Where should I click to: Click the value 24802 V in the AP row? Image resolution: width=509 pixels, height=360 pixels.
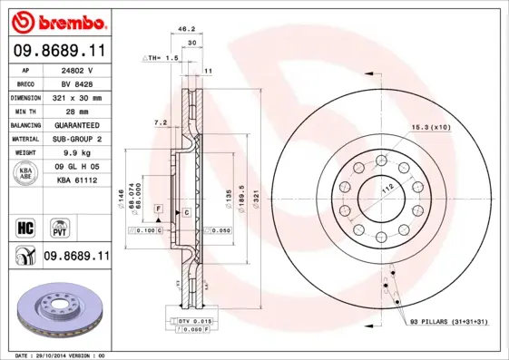[x=78, y=69]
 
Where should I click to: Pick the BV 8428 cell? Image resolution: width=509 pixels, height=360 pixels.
[x=78, y=83]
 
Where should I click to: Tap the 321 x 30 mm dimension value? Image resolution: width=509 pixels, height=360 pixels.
[x=78, y=96]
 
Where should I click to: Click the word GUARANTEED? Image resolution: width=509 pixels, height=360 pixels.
[x=78, y=124]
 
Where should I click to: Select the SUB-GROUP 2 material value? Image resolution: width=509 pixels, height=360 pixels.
[x=78, y=139]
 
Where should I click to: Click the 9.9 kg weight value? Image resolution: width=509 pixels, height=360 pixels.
[x=78, y=153]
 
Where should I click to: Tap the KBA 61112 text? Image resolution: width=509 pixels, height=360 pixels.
[x=78, y=180]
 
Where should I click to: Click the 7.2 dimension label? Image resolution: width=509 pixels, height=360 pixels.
[x=160, y=122]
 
